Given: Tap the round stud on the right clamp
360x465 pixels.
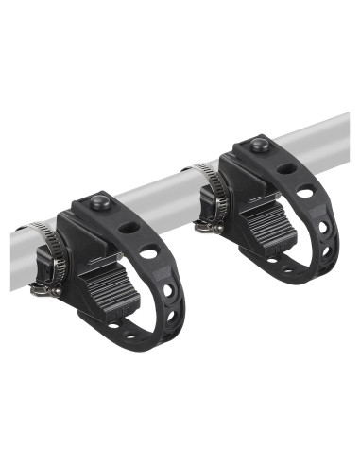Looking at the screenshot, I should (x=257, y=144).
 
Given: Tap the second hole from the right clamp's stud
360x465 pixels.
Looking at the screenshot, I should (x=304, y=193).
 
